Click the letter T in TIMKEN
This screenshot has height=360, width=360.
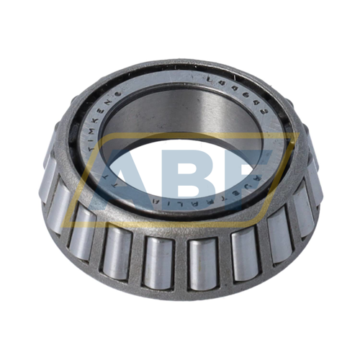(x=91, y=152)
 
